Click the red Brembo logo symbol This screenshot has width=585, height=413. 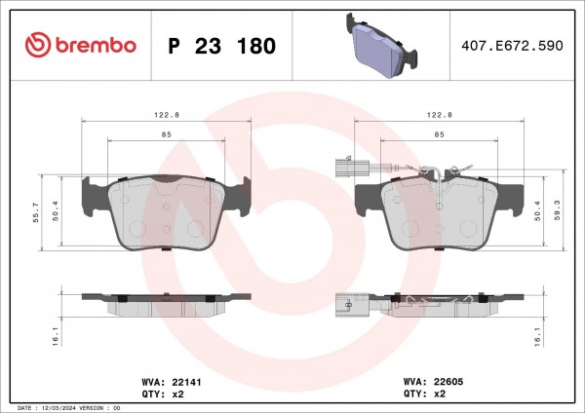tap(38, 45)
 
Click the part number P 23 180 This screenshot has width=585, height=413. tap(222, 46)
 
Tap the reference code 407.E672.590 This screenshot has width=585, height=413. tap(512, 46)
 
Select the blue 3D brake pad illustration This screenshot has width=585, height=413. tap(381, 46)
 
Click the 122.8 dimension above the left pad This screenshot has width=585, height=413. tap(167, 115)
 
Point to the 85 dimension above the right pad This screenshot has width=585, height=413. tap(439, 134)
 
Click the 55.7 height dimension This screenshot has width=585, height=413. tap(36, 212)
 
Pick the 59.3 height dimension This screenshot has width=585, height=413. tap(558, 209)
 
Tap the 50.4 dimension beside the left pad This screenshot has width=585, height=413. tap(56, 210)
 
